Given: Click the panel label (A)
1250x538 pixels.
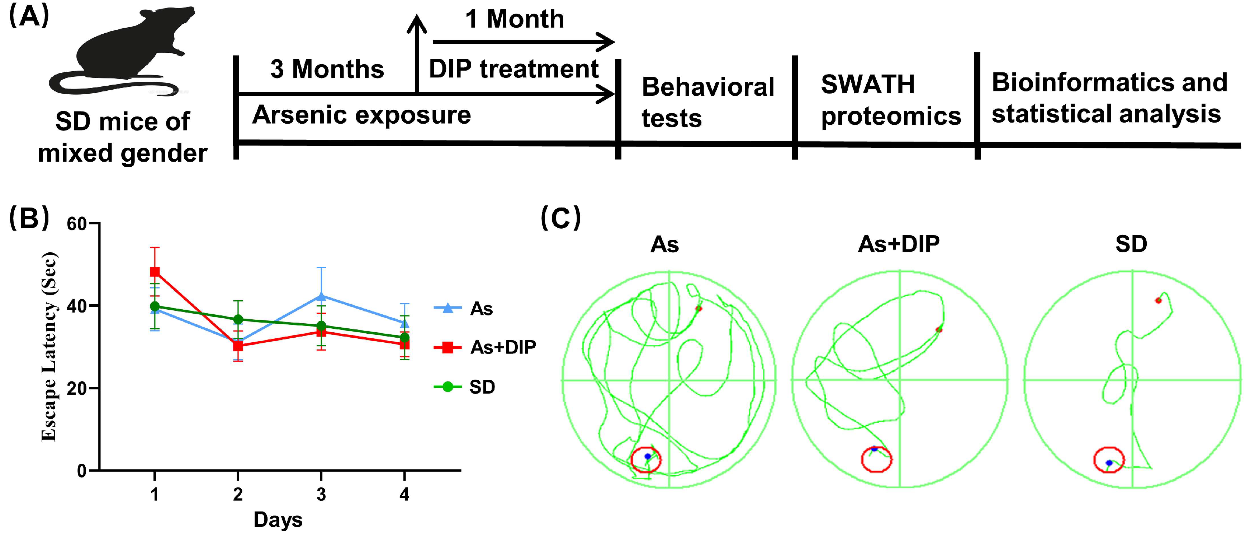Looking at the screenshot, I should tap(29, 17).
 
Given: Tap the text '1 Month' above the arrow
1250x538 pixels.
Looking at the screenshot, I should tap(514, 19).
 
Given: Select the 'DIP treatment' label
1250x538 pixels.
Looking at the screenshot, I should tap(513, 69).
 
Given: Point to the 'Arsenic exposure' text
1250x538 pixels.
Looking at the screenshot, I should tap(361, 115).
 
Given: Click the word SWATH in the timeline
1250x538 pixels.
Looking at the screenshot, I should tap(868, 85).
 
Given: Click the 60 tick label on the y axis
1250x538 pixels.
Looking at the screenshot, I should tap(77, 224).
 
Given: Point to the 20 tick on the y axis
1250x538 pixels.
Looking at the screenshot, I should tap(77, 389).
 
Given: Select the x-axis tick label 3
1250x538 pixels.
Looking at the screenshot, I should tap(321, 494).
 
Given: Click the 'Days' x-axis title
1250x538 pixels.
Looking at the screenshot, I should tap(278, 520).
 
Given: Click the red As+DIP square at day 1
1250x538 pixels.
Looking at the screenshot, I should tap(155, 271).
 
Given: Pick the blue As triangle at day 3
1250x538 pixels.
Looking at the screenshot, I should tap(321, 296).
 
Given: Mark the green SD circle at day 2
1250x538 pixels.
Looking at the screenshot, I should tap(238, 319).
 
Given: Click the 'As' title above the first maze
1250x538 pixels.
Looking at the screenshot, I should tap(664, 244).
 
